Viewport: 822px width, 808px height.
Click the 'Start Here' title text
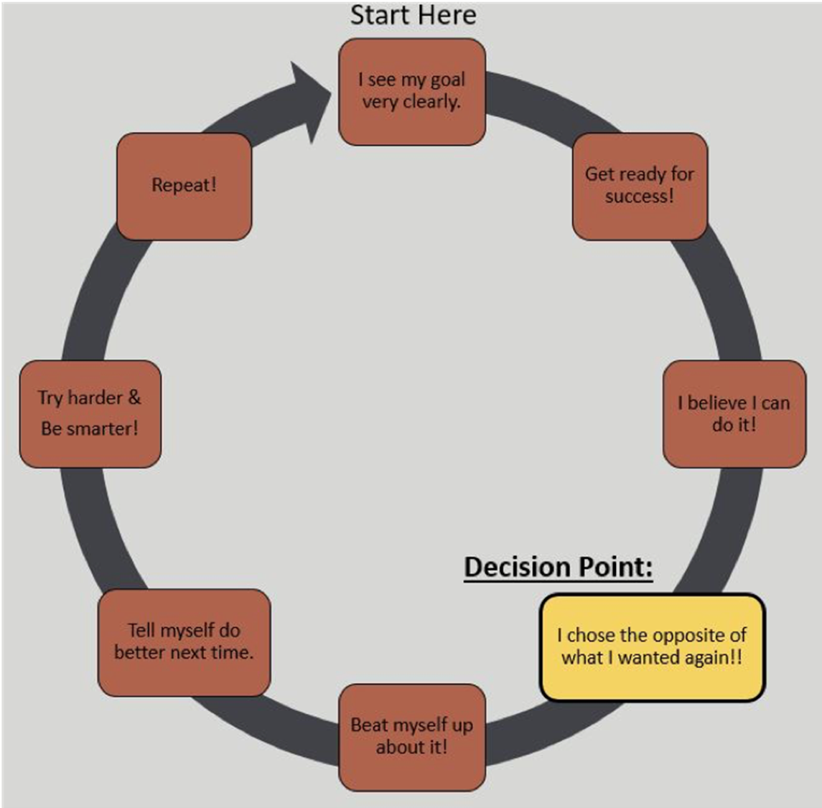[x=413, y=15]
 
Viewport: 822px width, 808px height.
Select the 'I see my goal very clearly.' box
[x=412, y=92]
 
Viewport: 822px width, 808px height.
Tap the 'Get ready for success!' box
[x=640, y=187]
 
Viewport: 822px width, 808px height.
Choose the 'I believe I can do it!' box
[x=734, y=413]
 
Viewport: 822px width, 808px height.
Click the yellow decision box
[x=653, y=647]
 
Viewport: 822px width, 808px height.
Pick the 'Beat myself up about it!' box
[x=412, y=737]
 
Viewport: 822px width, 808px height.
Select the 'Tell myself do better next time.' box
[x=184, y=642]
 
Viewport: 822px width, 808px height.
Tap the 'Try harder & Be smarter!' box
[x=90, y=413]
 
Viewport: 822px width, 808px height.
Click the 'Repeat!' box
[x=184, y=187]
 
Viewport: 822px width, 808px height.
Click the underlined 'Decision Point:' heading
[x=559, y=568]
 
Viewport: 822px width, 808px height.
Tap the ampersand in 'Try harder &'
[x=134, y=398]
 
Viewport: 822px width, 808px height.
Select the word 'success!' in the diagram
[x=640, y=197]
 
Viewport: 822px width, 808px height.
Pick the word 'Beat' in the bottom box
[x=369, y=725]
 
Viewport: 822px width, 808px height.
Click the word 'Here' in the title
[x=447, y=15]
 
